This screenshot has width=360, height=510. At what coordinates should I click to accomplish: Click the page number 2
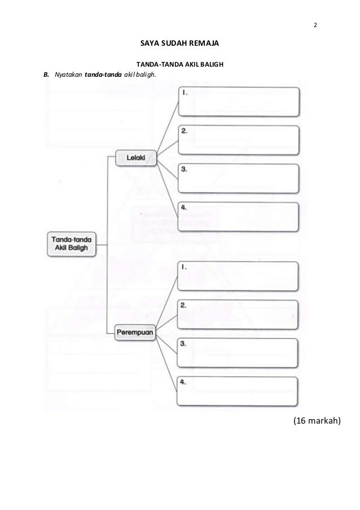tap(315, 25)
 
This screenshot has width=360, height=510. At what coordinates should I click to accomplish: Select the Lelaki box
tap(135, 158)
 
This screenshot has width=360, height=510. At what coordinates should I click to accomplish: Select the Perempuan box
tap(135, 333)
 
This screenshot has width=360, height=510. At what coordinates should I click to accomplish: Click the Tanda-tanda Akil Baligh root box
tap(71, 243)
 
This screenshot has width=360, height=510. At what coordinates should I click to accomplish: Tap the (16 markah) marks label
tap(317, 421)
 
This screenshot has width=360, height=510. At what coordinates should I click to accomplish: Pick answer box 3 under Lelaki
tap(238, 178)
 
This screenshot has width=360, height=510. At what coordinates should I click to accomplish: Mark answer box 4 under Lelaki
tap(238, 217)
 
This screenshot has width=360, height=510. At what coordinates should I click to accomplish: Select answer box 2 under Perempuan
tap(238, 314)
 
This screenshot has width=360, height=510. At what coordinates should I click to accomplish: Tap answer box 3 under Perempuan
tap(238, 352)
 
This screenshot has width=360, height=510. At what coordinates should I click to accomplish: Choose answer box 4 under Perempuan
tap(238, 391)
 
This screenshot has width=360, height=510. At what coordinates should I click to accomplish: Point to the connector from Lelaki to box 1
tap(168, 125)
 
